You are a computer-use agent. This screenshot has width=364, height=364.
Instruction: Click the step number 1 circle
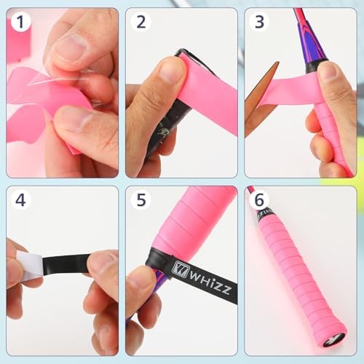pyautogui.click(x=20, y=22)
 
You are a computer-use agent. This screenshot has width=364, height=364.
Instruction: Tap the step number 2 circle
pyautogui.click(x=141, y=22)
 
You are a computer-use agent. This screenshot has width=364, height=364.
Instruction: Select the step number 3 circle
pyautogui.click(x=259, y=22)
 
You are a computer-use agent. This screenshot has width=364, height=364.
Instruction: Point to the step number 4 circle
pyautogui.click(x=20, y=200)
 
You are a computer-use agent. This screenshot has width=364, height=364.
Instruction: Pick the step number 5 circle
pyautogui.click(x=141, y=200)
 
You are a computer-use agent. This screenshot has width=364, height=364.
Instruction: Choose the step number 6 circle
pyautogui.click(x=259, y=200)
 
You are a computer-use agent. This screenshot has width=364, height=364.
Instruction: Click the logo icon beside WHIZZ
pyautogui.click(x=180, y=269)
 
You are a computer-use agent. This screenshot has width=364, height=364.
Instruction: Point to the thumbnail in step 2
pyautogui.click(x=171, y=71)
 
